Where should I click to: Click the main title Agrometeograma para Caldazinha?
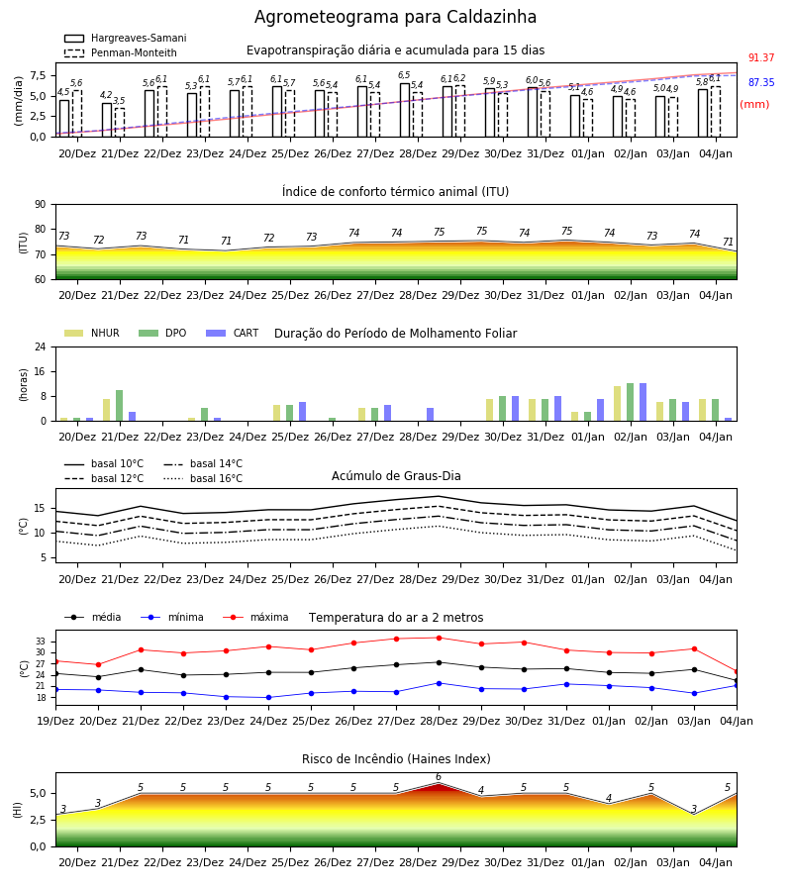click(x=395, y=17)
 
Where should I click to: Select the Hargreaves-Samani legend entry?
click(x=125, y=38)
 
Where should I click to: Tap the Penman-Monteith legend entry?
click(x=121, y=52)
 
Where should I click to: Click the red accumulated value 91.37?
click(x=761, y=58)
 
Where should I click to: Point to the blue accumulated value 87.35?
click(x=761, y=82)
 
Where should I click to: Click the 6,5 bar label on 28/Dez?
click(x=404, y=75)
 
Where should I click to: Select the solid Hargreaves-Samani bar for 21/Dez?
click(x=107, y=120)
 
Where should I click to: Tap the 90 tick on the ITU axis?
click(x=41, y=205)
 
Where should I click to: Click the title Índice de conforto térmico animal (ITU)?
click(x=395, y=191)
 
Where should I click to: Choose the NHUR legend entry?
click(x=92, y=333)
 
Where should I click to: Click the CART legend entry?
click(x=233, y=333)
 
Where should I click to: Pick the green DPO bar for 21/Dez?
click(x=120, y=406)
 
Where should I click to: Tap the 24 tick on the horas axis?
click(x=41, y=347)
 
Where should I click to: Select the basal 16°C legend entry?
click(x=203, y=478)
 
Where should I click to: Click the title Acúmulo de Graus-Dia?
click(x=396, y=475)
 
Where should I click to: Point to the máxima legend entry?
click(x=255, y=617)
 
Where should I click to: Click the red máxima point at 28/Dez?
click(x=439, y=638)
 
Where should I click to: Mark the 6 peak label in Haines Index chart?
click(x=438, y=777)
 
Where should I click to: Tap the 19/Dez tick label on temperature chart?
click(x=55, y=721)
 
